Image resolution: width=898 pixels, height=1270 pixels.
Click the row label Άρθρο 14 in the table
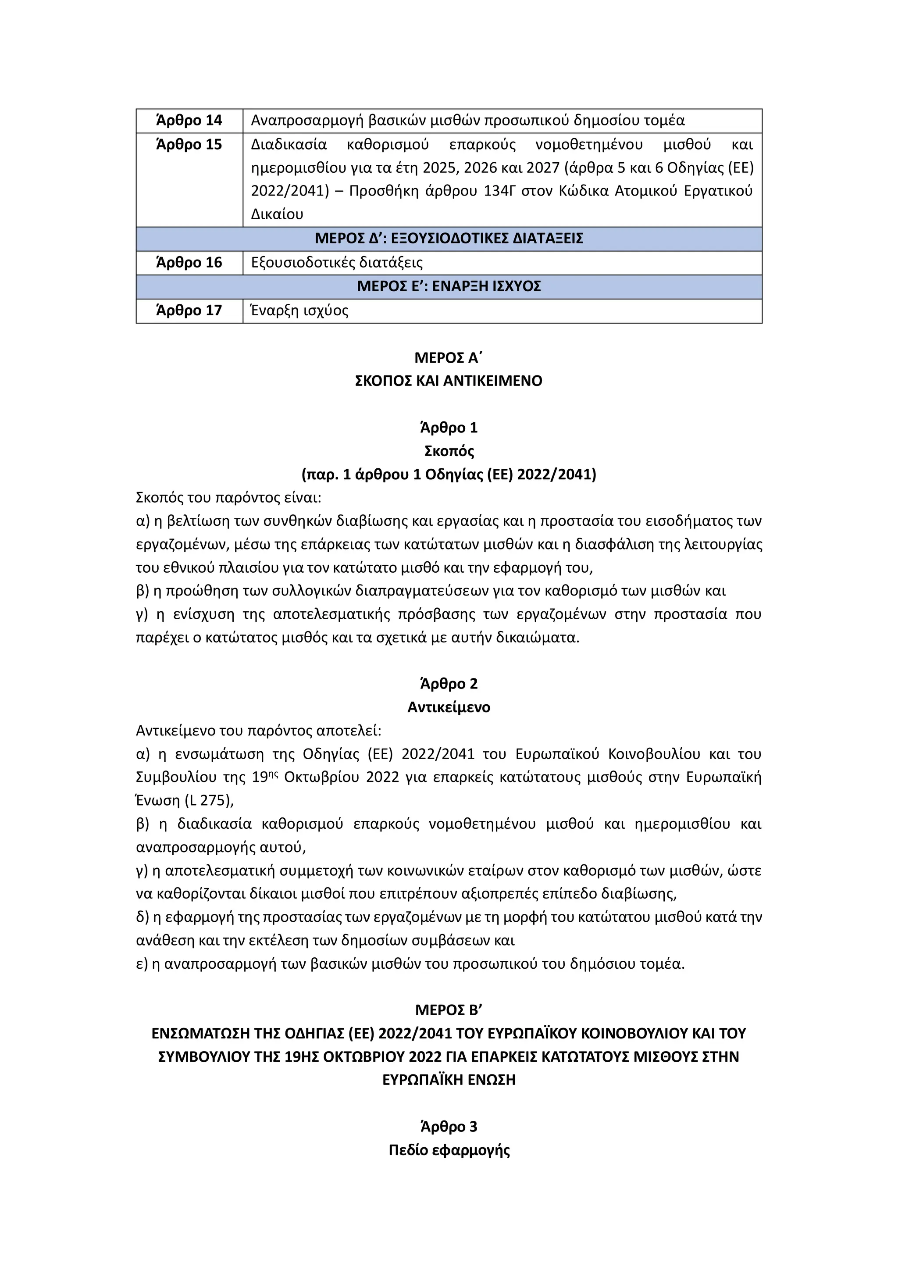pyautogui.click(x=189, y=121)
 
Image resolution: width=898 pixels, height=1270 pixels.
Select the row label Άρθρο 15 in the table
pyautogui.click(x=189, y=145)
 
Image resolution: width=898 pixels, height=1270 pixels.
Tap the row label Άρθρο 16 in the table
pyautogui.click(x=189, y=263)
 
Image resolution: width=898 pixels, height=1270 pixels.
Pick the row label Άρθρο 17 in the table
pyautogui.click(x=189, y=311)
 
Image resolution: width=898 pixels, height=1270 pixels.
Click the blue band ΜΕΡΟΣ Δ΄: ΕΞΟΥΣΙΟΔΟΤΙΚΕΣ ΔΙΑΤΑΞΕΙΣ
pyautogui.click(x=449, y=239)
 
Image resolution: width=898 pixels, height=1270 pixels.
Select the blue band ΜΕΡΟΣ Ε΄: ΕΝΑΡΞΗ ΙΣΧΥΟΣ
pyautogui.click(x=449, y=286)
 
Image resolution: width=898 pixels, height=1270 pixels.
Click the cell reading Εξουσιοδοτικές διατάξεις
pyautogui.click(x=337, y=263)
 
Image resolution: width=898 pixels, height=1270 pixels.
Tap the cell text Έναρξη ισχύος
pyautogui.click(x=300, y=311)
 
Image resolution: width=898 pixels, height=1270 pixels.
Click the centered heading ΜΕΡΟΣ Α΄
pyautogui.click(x=449, y=358)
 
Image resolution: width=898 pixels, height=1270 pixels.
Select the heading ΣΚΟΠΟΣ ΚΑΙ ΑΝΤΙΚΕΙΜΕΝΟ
pyautogui.click(x=449, y=381)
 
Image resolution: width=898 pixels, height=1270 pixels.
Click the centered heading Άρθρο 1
pyautogui.click(x=449, y=428)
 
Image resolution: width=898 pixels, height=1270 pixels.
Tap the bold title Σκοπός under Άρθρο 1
pyautogui.click(x=449, y=451)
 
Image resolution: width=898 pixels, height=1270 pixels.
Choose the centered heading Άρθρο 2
pyautogui.click(x=449, y=684)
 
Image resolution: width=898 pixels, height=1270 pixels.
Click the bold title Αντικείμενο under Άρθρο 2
pyautogui.click(x=449, y=707)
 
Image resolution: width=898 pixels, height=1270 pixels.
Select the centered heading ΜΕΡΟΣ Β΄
pyautogui.click(x=449, y=1010)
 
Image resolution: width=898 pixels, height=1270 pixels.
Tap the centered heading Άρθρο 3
pyautogui.click(x=449, y=1127)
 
